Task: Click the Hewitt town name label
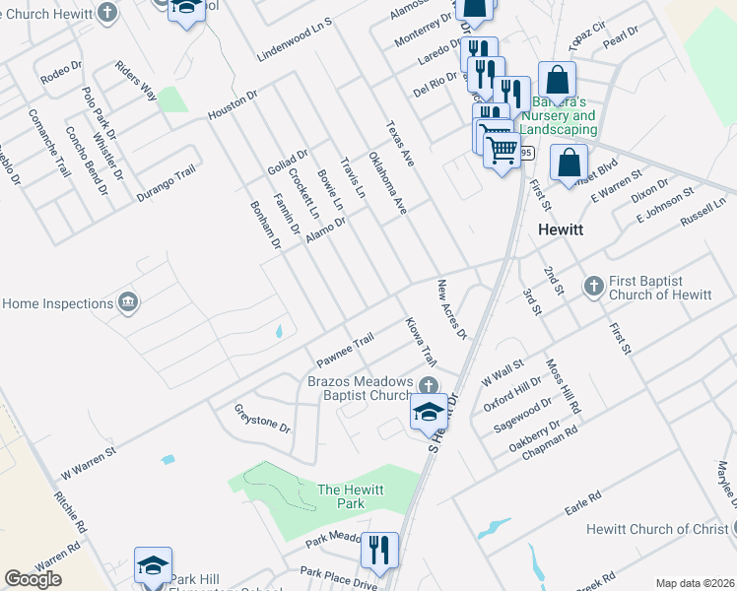coord(561,229)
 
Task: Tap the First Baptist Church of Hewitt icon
coord(592,286)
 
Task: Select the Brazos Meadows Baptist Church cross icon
coord(428,385)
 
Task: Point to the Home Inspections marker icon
coord(127,302)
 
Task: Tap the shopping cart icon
coord(502,150)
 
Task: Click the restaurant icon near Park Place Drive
coord(379,550)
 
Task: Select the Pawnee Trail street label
coord(344,345)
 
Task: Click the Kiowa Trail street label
coord(420,343)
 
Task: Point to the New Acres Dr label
coord(451,309)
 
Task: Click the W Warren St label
coord(89,459)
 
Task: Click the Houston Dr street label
coord(232,107)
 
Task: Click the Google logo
coord(33,579)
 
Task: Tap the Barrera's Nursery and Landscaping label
coord(565,116)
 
